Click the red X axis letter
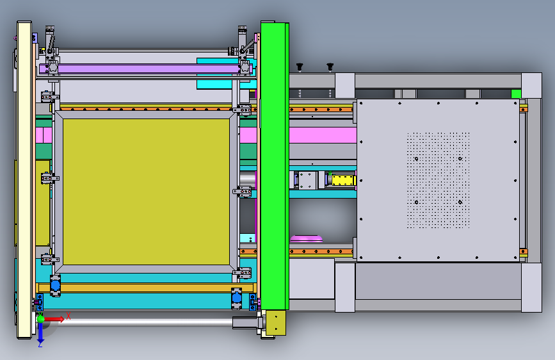[68, 316]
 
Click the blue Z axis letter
[40, 344]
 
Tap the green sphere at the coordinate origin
[41, 319]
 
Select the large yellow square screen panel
[146, 192]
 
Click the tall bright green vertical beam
[275, 166]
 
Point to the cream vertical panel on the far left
[24, 179]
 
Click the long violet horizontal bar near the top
[145, 69]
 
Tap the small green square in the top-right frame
[516, 94]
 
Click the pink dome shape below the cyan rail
[307, 238]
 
